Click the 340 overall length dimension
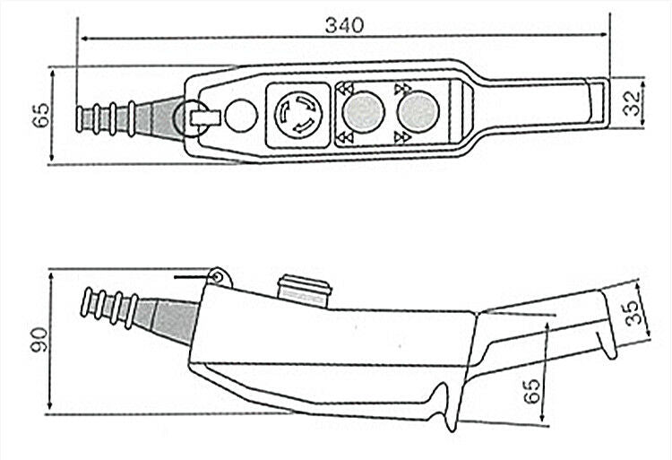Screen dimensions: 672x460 click(344, 25)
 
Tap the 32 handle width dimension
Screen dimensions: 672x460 click(632, 103)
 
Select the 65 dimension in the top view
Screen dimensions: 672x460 click(40, 115)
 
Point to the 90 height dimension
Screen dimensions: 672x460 click(39, 340)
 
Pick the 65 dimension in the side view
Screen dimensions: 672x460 click(532, 391)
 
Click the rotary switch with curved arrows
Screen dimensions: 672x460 click(297, 115)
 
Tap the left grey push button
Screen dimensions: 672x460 click(364, 112)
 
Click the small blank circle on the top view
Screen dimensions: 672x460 click(241, 115)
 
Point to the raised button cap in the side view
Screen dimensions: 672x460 click(305, 290)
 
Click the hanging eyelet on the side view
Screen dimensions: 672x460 click(219, 277)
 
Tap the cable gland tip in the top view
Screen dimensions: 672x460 click(81, 118)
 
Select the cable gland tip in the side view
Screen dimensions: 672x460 click(87, 302)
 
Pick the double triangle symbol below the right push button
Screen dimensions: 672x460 click(402, 137)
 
